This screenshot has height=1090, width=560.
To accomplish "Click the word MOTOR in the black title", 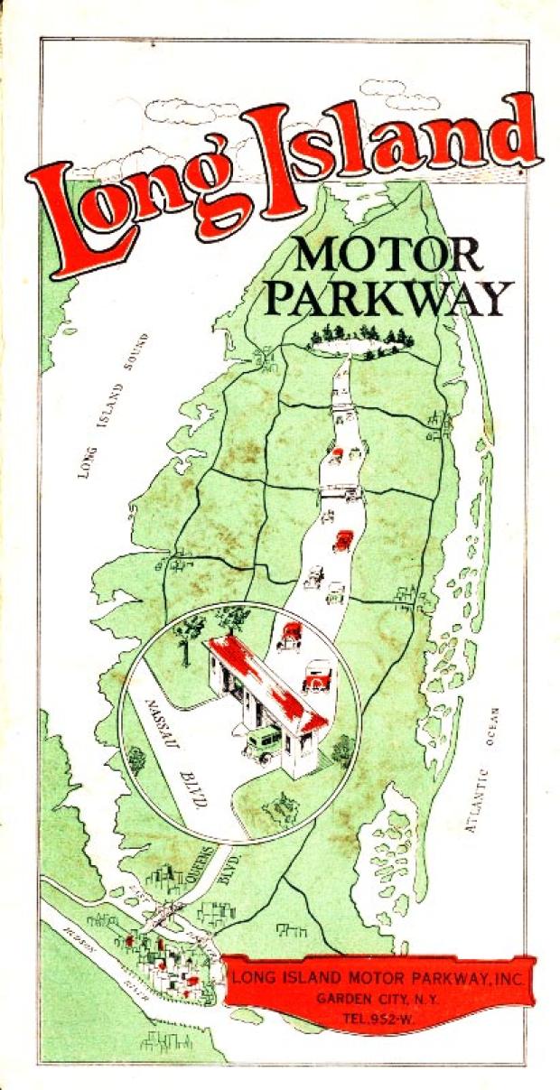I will pos(388,256).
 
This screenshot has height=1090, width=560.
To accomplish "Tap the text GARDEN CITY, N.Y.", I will pos(378,998).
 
